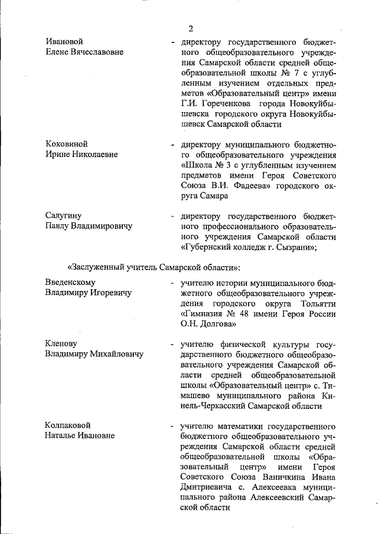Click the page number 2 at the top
click(x=191, y=28)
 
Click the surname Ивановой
click(x=64, y=41)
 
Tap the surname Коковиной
click(x=67, y=144)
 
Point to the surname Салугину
click(x=63, y=215)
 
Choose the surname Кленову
click(x=62, y=343)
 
